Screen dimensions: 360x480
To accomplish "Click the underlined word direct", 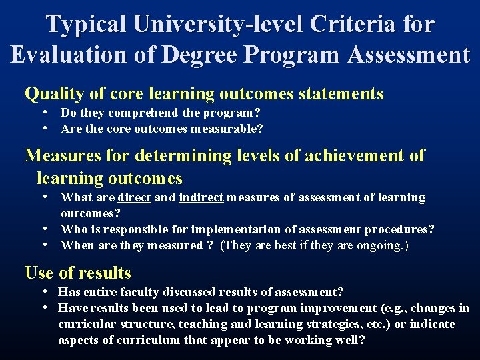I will coord(134,197).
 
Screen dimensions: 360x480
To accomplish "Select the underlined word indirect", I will coord(201,197).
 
